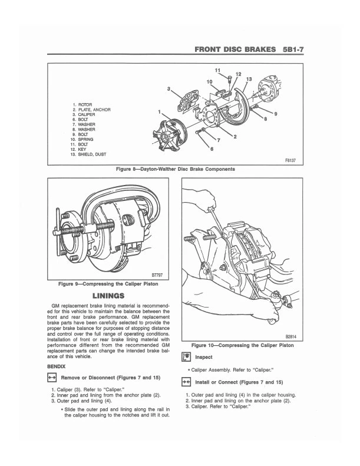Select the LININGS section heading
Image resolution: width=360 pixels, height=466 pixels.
(108, 295)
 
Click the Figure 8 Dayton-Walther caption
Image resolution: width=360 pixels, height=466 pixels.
(176, 168)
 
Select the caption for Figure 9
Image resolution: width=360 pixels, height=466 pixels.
(108, 284)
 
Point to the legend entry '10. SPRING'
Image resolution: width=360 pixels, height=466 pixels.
(82, 140)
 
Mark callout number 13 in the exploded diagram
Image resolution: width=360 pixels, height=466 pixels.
(249, 79)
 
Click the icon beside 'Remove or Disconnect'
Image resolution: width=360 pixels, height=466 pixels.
(51, 377)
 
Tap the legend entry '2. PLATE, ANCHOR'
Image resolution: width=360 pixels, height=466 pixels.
(91, 110)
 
